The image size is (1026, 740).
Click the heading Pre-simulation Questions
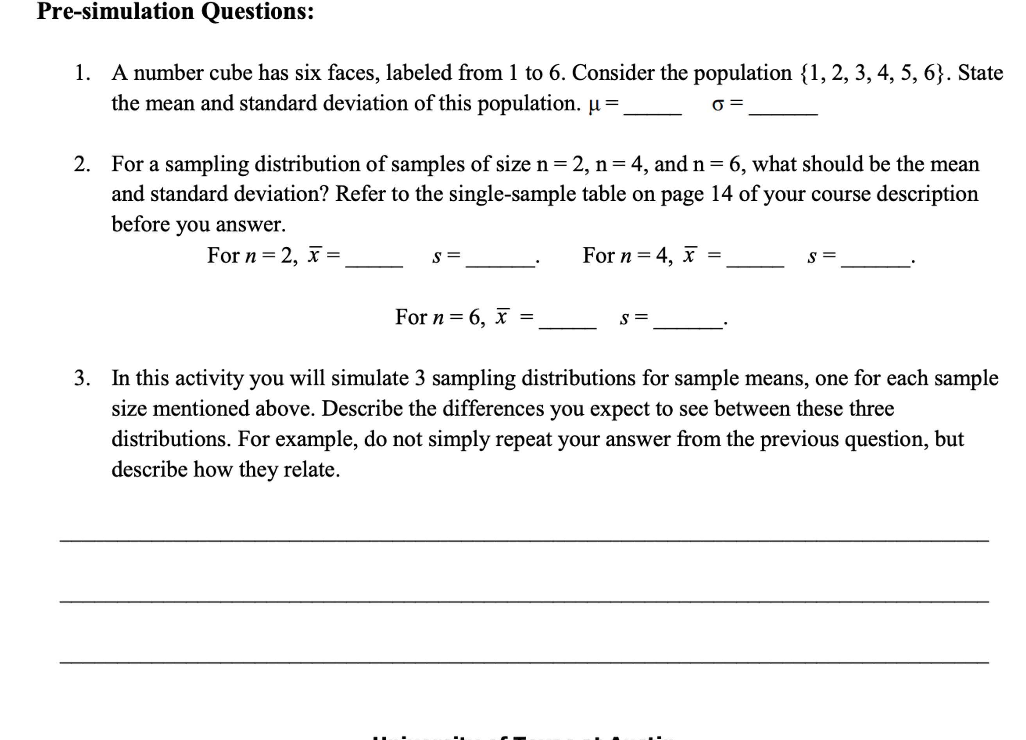[175, 12]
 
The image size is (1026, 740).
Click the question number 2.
[82, 164]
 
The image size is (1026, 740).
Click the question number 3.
[82, 378]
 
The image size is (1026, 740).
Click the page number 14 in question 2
[721, 194]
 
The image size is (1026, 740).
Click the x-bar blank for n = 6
[567, 326]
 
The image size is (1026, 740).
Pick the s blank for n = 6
[688, 326]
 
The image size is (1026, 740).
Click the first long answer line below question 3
[524, 540]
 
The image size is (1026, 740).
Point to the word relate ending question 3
[311, 470]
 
